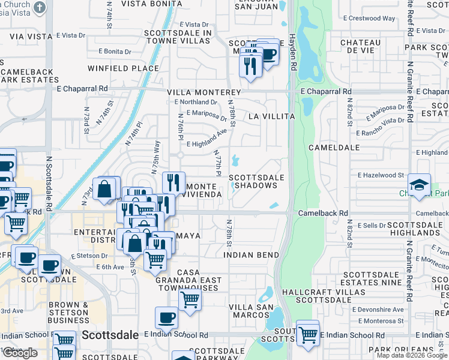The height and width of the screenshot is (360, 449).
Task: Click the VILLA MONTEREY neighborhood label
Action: tap(203, 93)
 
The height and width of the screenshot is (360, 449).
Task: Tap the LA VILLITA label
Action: tap(271, 116)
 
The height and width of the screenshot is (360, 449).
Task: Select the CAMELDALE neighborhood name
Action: tap(334, 147)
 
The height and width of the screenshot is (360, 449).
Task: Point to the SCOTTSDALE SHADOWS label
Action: tap(256, 181)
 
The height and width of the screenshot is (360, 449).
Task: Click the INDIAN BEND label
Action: tap(252, 255)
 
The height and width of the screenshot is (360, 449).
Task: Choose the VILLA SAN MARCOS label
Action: tap(252, 311)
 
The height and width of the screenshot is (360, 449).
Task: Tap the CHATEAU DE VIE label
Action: tap(360, 47)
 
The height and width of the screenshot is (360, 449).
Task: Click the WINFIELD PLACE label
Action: tap(123, 68)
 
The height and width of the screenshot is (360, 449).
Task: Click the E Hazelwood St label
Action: tap(381, 175)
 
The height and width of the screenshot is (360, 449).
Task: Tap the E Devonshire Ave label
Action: tap(378, 310)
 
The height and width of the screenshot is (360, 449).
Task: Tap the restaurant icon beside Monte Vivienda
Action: tap(173, 182)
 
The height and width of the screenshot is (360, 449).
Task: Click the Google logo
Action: tap(20, 353)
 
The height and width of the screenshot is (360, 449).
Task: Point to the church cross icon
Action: tap(40, 8)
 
